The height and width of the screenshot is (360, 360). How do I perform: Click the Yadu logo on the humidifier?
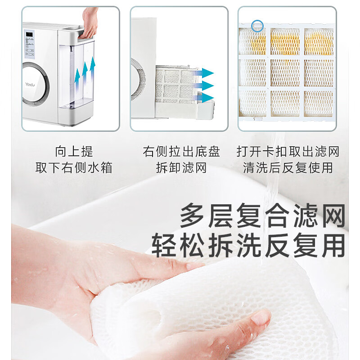click(x=30, y=84)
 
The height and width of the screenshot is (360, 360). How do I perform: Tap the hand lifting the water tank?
click(x=90, y=22)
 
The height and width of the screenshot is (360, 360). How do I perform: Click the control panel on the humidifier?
click(x=29, y=44)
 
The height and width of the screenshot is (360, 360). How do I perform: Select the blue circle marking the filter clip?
click(x=257, y=26)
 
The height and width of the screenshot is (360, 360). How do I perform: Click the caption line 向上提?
click(x=74, y=152)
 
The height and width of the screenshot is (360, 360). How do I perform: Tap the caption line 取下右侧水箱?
click(x=74, y=167)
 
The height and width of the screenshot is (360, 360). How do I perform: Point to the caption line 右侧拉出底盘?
click(x=181, y=152)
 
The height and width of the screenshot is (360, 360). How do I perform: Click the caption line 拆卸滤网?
click(x=181, y=167)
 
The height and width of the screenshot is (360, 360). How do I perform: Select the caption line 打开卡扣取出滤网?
click(x=288, y=152)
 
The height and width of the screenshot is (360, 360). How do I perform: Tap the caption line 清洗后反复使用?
click(x=288, y=167)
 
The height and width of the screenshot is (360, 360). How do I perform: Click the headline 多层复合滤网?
click(x=263, y=216)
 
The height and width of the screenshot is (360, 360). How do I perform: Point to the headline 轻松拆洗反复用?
click(x=248, y=245)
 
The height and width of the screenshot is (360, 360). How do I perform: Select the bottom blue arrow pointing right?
click(x=205, y=98)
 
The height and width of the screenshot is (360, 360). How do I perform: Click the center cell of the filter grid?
click(x=285, y=72)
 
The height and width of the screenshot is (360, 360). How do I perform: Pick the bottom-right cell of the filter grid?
click(x=319, y=103)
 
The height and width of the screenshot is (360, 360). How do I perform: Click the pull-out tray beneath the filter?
click(x=185, y=111)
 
